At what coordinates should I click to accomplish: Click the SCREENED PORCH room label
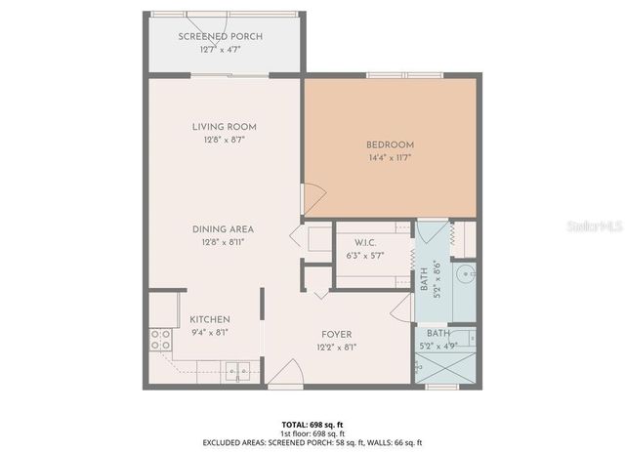(x=221, y=37)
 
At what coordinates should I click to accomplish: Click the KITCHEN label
(x=209, y=319)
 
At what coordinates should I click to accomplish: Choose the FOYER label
(x=335, y=334)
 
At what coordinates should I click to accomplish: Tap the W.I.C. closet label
(x=366, y=243)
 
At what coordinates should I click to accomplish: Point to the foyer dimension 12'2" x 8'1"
(x=335, y=347)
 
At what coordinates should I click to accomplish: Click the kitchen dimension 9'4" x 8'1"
(x=209, y=332)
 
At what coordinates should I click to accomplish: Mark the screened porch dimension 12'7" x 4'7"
(x=221, y=49)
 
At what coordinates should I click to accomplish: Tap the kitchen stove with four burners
(x=158, y=341)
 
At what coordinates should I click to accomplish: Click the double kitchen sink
(x=235, y=370)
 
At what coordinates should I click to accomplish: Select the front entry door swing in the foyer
(x=284, y=374)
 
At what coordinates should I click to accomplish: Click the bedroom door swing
(x=312, y=200)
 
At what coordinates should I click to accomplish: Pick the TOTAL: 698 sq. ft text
(x=312, y=425)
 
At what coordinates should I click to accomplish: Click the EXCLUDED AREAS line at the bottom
(x=312, y=441)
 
